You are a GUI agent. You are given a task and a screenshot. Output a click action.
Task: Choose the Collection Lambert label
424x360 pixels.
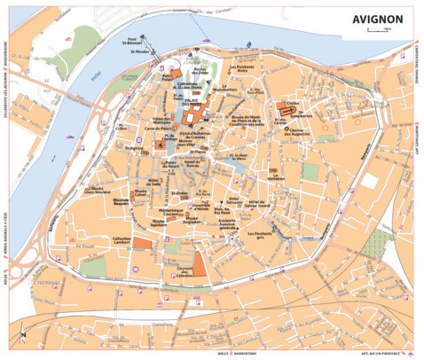122,240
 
